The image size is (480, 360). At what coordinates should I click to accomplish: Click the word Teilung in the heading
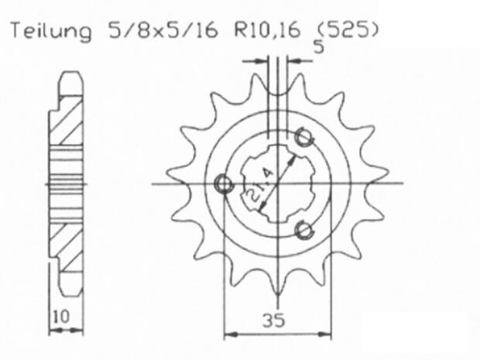pyautogui.click(x=50, y=32)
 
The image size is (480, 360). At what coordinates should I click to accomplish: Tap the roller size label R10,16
pyautogui.click(x=266, y=32)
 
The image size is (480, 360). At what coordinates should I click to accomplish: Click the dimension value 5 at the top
pyautogui.click(x=318, y=47)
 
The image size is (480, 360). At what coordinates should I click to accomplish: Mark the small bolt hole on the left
pyautogui.click(x=224, y=183)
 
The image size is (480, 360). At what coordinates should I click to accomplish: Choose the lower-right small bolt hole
pyautogui.click(x=305, y=228)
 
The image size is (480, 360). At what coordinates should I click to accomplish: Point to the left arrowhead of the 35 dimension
pyautogui.click(x=228, y=334)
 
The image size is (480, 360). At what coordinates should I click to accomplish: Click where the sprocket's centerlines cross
pyautogui.click(x=276, y=183)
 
